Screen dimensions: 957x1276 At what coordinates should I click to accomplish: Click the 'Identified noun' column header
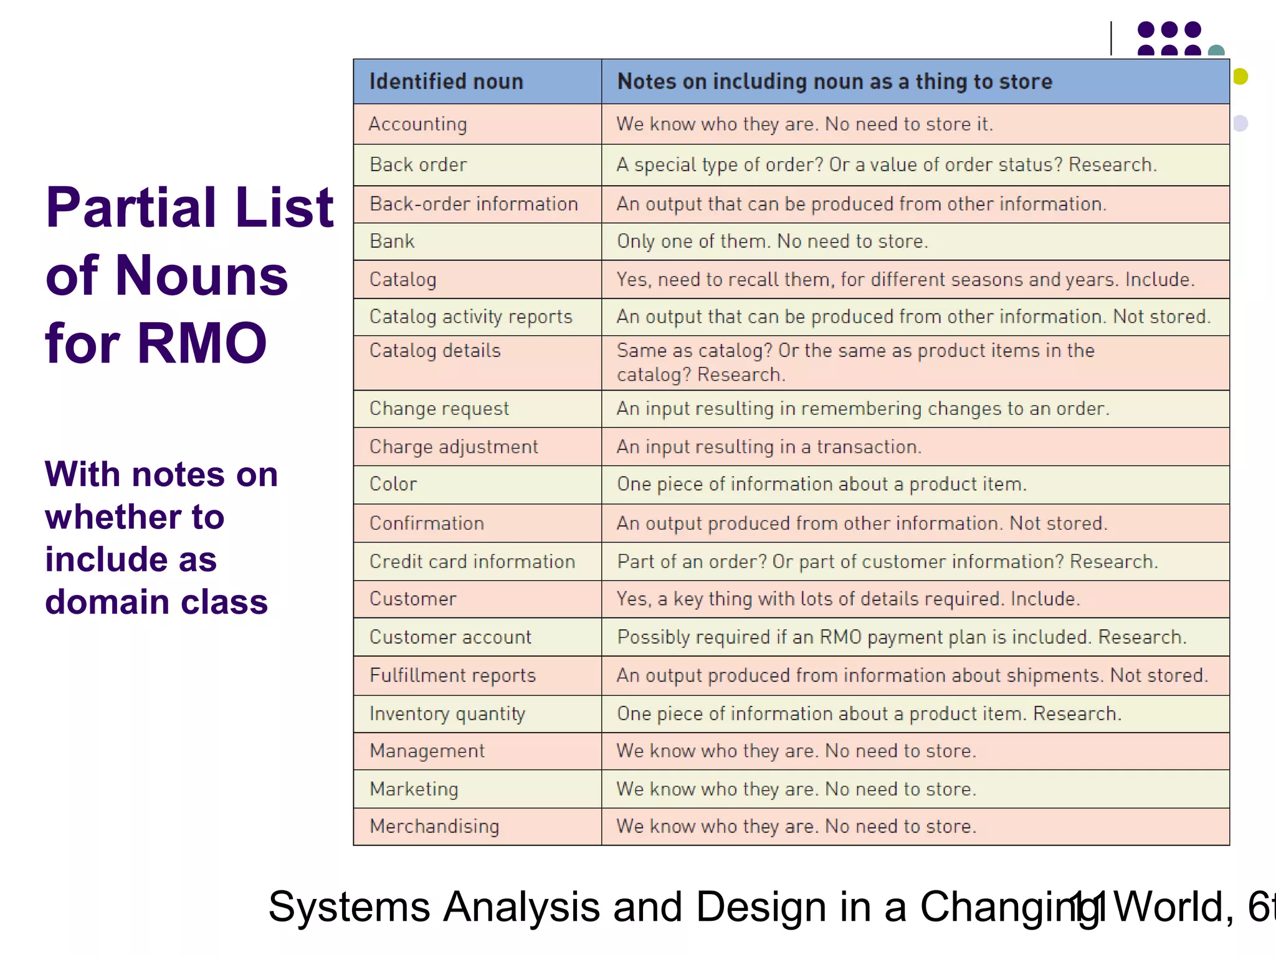click(446, 82)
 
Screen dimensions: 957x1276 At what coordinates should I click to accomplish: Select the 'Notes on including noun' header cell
click(834, 82)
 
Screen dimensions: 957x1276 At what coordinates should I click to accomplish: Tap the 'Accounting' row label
click(417, 124)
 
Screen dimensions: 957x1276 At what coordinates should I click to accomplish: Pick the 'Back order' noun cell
click(418, 164)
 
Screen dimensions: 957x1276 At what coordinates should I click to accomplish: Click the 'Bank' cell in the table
click(392, 241)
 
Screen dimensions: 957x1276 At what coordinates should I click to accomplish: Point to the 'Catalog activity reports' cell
click(470, 317)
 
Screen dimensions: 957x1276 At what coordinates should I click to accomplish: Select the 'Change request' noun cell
click(439, 409)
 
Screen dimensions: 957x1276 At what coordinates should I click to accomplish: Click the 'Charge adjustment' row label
click(454, 447)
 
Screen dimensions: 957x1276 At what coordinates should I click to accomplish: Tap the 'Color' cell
click(393, 484)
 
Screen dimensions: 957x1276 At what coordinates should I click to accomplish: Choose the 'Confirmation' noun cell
click(427, 523)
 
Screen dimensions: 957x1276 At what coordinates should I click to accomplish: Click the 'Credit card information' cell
click(472, 561)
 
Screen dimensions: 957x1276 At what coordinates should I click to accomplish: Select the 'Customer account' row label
click(450, 637)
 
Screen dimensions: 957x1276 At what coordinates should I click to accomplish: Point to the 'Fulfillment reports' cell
click(452, 675)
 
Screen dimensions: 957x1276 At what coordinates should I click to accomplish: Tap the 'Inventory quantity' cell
click(447, 713)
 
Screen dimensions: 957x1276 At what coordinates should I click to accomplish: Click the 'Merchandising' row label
click(434, 826)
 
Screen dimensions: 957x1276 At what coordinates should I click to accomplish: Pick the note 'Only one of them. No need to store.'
click(772, 241)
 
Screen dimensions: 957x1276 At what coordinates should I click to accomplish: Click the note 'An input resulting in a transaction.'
click(769, 447)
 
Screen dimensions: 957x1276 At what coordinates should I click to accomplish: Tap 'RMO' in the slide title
click(202, 343)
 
